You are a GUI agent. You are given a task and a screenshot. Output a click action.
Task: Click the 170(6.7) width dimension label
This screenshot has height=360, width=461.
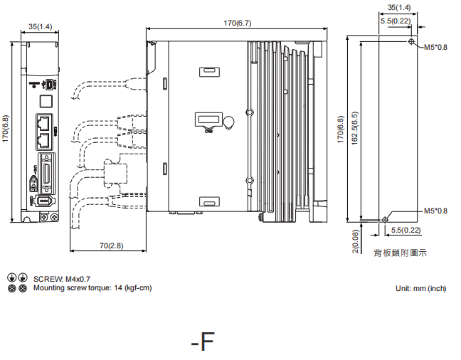point(236,23)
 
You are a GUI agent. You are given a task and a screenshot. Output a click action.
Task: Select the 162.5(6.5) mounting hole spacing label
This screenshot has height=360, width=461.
point(354,131)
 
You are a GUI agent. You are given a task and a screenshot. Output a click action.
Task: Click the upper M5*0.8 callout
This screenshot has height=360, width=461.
point(435,48)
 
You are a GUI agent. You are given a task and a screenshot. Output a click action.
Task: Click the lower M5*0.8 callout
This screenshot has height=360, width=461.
point(435,211)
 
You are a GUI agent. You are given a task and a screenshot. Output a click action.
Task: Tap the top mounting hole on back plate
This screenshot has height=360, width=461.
point(413,43)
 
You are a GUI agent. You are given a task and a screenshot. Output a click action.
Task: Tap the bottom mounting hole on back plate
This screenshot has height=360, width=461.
point(385,219)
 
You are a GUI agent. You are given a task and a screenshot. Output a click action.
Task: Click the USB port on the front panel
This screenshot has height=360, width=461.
point(47,85)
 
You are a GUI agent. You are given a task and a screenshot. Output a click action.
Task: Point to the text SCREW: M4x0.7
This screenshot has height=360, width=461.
point(62,279)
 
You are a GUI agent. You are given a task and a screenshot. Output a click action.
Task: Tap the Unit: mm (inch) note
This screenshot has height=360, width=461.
point(420,288)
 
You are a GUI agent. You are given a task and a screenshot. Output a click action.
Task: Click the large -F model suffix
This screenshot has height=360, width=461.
point(203,342)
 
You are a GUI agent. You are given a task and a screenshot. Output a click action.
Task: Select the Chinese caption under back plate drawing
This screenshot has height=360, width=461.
point(400,253)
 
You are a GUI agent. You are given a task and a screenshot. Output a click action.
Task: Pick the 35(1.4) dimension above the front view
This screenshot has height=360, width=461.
point(40,26)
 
